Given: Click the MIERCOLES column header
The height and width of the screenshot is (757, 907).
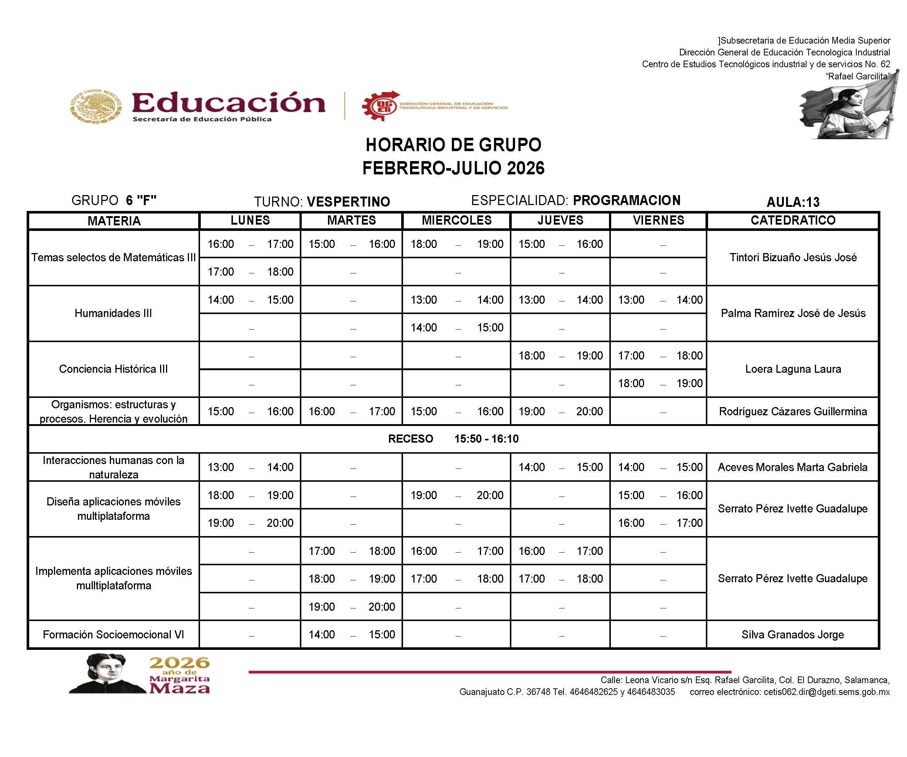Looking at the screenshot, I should point(457,221).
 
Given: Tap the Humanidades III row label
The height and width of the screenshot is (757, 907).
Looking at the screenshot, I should point(113,313).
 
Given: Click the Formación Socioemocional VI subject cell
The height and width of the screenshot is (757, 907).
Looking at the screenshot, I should point(113,634).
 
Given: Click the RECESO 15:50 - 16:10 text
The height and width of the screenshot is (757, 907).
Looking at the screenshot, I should point(453,439).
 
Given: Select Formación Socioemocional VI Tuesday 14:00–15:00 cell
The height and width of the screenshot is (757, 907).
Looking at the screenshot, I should point(352,634).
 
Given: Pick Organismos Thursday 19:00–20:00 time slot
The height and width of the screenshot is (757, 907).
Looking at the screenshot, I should point(560,411).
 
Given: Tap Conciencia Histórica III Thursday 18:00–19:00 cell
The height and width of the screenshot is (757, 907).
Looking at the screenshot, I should point(560,356).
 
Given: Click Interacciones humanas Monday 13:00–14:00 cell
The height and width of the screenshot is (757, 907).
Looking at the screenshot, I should point(250,467).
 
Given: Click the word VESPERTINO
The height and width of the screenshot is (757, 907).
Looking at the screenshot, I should point(348,202).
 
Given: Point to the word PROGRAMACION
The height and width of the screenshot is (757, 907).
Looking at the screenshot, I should point(626,200).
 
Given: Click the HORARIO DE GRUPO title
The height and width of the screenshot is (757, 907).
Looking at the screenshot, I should point(453,145).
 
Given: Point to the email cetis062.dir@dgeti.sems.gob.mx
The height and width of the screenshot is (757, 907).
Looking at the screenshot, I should point(826,692).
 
